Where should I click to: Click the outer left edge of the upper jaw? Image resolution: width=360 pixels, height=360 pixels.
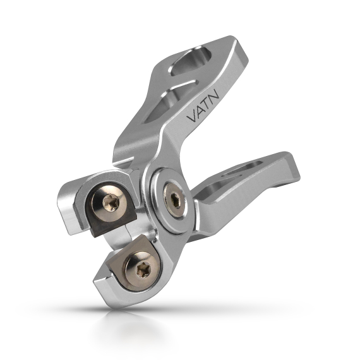coord(63,202)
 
